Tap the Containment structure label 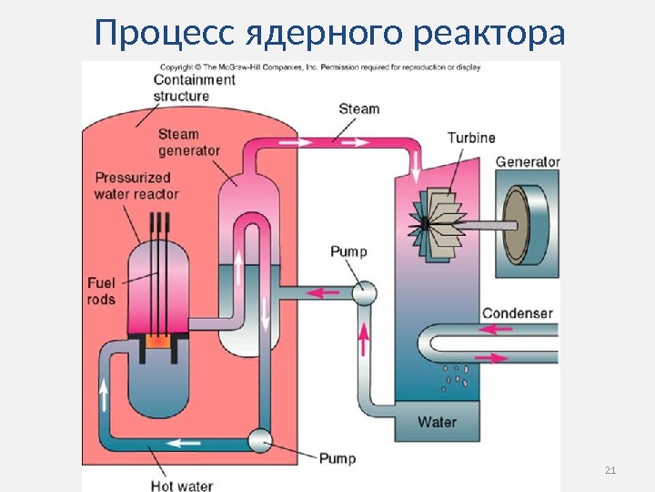[194, 87]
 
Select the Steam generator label [189, 142]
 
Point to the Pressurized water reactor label [136, 186]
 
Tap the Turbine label [471, 138]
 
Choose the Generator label [528, 162]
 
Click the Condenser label [517, 313]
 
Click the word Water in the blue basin [437, 422]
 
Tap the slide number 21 [610, 470]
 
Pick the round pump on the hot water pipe [262, 441]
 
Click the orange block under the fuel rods [158, 344]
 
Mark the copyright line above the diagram [320, 67]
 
